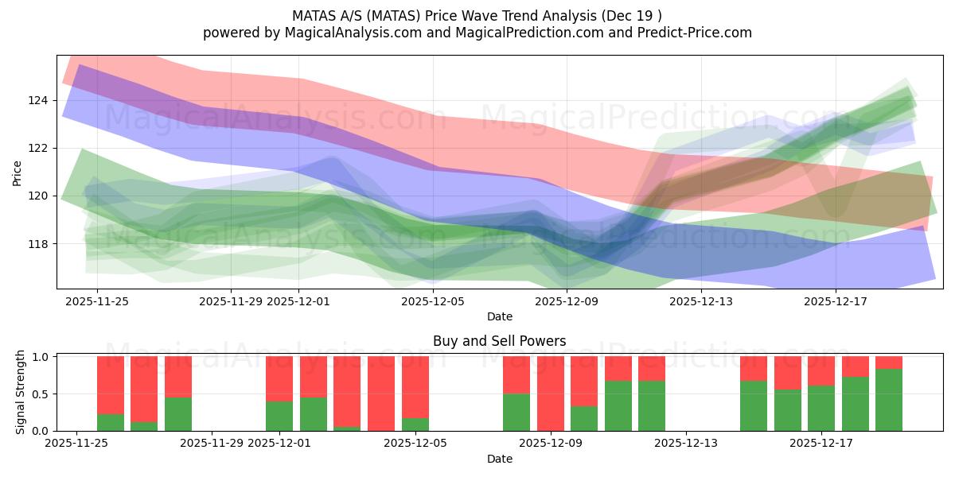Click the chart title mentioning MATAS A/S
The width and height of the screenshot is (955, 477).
coord(477,16)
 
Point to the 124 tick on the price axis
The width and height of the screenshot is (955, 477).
coord(39,100)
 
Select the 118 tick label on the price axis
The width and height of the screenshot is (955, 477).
coord(39,243)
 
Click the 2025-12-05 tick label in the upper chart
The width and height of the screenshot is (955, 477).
coord(432,301)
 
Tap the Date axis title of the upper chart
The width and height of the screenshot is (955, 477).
coord(499,316)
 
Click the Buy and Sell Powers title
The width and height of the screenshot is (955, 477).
coord(499,341)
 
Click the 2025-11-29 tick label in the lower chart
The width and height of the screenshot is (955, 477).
coord(212,444)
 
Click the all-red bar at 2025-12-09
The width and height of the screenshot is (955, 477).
coord(551,394)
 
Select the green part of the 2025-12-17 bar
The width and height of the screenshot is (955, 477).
coord(821,409)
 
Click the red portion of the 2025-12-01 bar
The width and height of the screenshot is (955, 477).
coord(279,378)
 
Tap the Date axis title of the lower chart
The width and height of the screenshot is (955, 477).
coord(499,459)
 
